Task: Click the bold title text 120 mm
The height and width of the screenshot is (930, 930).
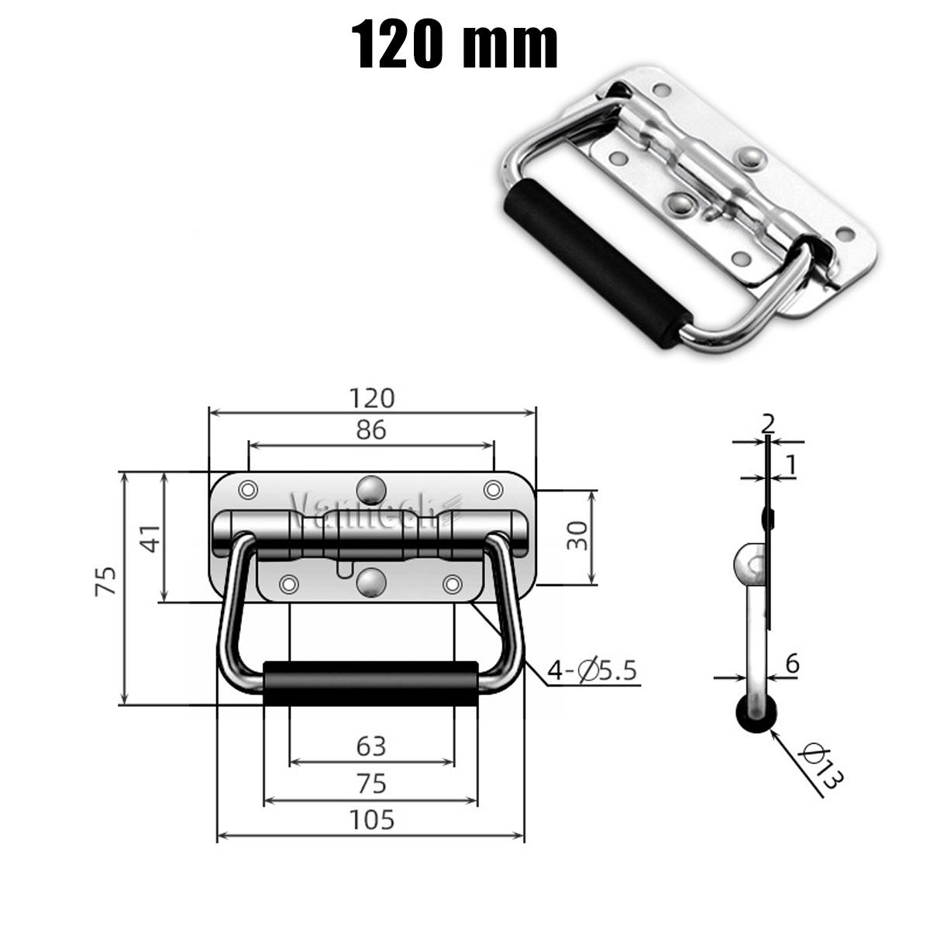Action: (456, 44)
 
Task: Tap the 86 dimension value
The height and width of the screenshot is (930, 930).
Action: (371, 429)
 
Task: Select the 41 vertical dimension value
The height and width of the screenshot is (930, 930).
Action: (152, 537)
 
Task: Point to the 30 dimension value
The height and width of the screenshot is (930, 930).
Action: (577, 536)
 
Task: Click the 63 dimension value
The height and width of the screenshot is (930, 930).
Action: (371, 746)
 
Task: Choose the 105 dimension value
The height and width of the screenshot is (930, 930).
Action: (371, 818)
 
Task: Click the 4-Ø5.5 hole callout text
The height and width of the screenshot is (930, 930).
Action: (592, 670)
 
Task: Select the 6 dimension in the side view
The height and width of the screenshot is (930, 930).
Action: (791, 663)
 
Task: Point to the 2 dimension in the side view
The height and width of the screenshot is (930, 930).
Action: (768, 423)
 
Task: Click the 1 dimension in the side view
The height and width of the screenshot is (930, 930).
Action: (790, 464)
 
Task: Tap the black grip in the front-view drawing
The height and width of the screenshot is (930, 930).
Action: (370, 683)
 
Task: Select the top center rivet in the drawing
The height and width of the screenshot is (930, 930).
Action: (370, 489)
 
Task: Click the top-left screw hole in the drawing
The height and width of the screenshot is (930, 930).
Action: (248, 490)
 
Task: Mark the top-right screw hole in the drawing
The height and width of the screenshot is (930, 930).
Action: (492, 489)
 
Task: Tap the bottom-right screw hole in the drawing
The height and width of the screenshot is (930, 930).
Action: (453, 583)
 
